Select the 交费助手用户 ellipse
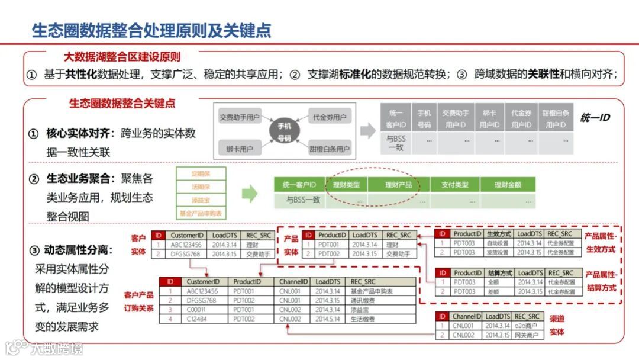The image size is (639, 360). click(239, 117)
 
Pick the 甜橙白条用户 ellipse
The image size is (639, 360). click(330, 149)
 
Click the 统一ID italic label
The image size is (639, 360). click(595, 117)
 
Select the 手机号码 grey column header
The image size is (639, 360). click(424, 118)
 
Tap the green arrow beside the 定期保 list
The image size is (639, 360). click(250, 192)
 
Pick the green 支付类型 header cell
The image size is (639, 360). click(455, 185)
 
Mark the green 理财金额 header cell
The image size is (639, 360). click(508, 185)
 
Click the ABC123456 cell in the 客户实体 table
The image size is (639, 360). click(186, 245)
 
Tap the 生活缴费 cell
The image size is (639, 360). click(362, 320)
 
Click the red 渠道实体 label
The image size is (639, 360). click(557, 326)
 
